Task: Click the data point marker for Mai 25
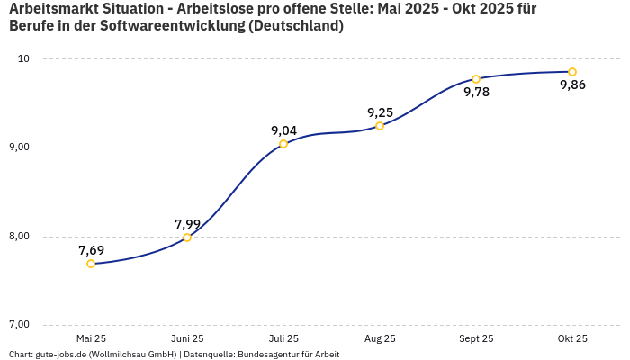point(91,264)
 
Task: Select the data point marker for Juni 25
point(187,238)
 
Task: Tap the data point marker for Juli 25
point(283,144)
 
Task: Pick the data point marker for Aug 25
point(380,126)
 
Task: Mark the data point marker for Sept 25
point(476,79)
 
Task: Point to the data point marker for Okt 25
point(572,72)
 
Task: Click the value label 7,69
point(91,250)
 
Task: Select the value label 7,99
point(187,224)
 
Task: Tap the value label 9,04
point(283,130)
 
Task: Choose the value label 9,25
point(380,112)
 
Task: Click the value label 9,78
point(476,93)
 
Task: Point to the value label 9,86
point(572,85)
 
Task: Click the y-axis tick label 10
point(23,59)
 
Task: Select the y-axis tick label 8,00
point(19,237)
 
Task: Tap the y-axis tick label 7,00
point(19,325)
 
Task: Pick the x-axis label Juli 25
point(283,338)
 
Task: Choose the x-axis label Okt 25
point(572,338)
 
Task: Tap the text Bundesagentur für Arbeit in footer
point(288,354)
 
